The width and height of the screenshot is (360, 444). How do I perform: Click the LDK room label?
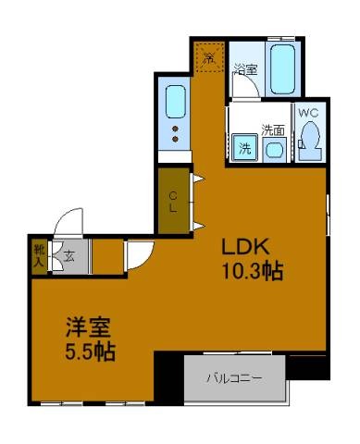244,247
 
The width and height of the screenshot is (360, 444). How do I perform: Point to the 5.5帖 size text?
90,352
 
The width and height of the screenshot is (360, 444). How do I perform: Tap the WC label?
309,113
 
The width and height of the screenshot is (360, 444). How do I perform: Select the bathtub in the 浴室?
284,68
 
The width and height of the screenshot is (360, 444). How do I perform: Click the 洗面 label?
273,129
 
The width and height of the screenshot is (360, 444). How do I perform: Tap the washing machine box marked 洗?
244,147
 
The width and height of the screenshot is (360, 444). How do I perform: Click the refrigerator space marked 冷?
209,57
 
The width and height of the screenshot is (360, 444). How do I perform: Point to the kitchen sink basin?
173,97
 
